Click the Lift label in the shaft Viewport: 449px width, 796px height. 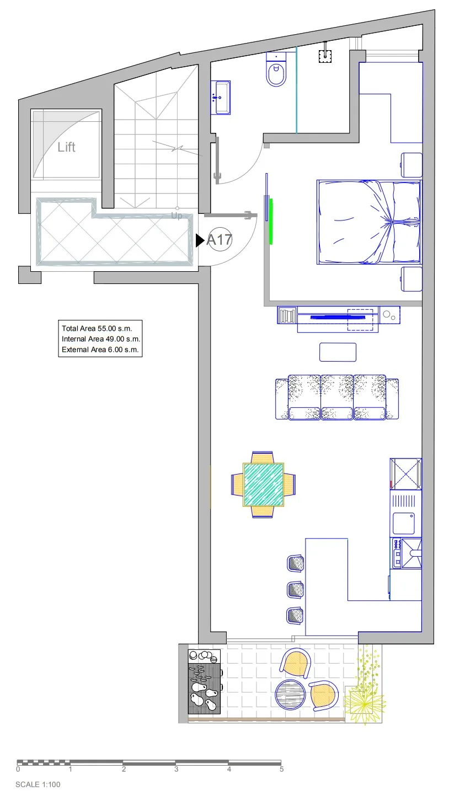pyautogui.click(x=67, y=147)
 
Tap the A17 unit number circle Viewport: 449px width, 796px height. pyautogui.click(x=220, y=239)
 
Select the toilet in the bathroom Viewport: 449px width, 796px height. pyautogui.click(x=276, y=69)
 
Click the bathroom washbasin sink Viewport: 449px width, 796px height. pyautogui.click(x=221, y=98)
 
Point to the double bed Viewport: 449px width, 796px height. pyautogui.click(x=368, y=222)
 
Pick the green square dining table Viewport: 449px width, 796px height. pyautogui.click(x=264, y=485)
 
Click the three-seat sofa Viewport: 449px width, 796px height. pyautogui.click(x=336, y=397)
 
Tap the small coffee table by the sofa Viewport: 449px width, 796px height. pyautogui.click(x=338, y=352)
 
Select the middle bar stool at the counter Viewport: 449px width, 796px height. pyautogui.click(x=296, y=589)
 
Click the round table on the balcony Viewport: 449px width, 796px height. pyautogui.click(x=290, y=695)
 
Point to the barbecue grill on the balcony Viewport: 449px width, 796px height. pyautogui.click(x=205, y=682)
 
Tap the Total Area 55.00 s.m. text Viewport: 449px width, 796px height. pyautogui.click(x=97, y=329)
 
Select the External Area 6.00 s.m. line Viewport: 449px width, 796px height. pyautogui.click(x=100, y=349)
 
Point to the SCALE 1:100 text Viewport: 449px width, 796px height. pyautogui.click(x=38, y=784)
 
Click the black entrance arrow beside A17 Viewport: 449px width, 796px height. pyautogui.click(x=200, y=240)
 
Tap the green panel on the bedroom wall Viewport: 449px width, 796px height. pyautogui.click(x=271, y=222)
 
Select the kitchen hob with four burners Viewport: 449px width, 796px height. pyautogui.click(x=397, y=553)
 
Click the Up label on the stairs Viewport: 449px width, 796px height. pyautogui.click(x=177, y=216)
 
